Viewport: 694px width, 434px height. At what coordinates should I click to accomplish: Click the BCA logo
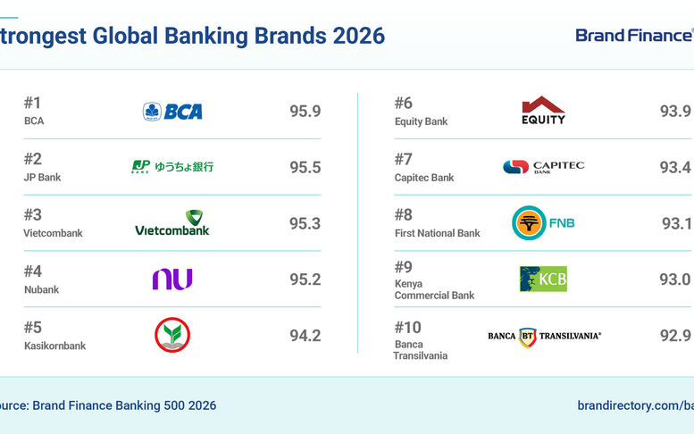point(172,112)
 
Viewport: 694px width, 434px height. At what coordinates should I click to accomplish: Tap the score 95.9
point(305,112)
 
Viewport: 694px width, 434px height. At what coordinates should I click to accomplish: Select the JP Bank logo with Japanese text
point(172,166)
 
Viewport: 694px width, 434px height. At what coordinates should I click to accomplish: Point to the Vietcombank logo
point(172,223)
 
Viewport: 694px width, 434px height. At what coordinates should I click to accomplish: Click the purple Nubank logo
point(172,280)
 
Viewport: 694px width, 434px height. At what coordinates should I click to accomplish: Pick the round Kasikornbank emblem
point(172,336)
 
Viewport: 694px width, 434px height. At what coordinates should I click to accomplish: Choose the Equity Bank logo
point(543,111)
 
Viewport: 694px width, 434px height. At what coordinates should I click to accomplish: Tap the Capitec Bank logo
point(543,167)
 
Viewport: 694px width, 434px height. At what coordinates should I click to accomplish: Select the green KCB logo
point(543,279)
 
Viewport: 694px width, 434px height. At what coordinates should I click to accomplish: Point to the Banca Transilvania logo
point(544,336)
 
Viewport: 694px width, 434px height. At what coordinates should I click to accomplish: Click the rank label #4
point(33,271)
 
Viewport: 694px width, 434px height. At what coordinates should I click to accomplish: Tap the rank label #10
point(408,327)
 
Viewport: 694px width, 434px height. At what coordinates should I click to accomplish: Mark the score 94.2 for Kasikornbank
point(305,336)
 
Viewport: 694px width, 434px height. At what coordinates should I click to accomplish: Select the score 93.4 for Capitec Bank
point(675,167)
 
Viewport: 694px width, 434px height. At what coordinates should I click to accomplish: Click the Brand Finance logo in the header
point(633,36)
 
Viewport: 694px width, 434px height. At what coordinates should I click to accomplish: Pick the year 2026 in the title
point(358,36)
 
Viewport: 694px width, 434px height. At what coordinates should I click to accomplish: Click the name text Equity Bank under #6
point(421,121)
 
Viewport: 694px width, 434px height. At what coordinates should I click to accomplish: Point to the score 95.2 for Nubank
point(305,280)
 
